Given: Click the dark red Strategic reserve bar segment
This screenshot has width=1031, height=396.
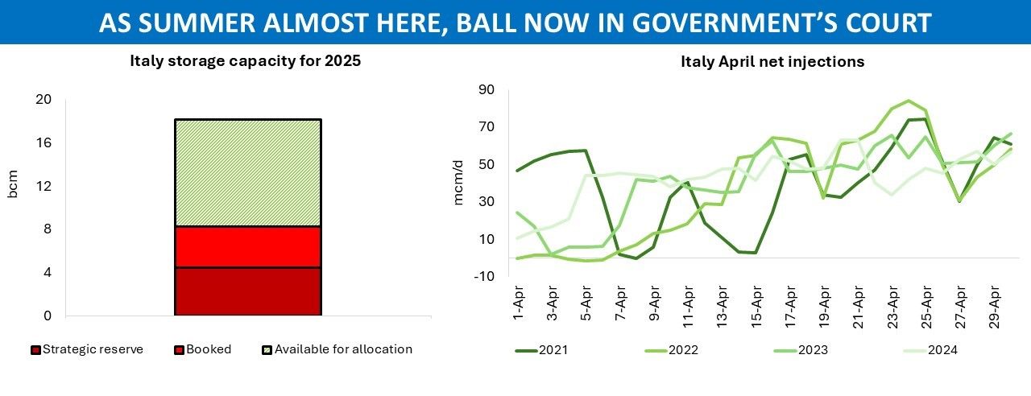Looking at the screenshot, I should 247,291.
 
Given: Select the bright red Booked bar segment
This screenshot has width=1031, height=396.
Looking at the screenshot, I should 247,247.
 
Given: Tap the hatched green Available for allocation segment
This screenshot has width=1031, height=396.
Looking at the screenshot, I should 247,173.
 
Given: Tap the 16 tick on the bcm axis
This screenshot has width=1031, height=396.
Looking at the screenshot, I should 43,143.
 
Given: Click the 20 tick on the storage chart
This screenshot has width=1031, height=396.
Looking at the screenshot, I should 43,100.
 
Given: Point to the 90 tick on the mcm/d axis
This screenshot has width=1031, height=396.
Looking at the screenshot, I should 486,89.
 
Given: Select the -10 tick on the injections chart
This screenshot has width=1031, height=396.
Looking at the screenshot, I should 483,276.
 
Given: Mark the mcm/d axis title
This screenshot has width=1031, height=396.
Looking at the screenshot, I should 459,182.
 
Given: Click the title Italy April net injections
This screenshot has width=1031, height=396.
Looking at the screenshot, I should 772,62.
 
